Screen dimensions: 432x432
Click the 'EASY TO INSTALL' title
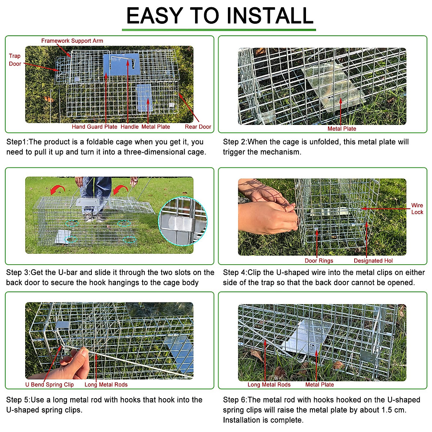click(220, 16)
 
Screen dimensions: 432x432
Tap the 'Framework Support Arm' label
click(72, 41)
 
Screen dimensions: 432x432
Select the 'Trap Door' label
click(15, 60)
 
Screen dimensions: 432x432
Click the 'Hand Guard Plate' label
click(94, 127)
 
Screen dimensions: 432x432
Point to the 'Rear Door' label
click(198, 127)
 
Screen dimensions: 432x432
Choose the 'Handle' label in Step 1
click(130, 127)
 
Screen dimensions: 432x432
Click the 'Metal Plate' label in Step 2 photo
click(342, 129)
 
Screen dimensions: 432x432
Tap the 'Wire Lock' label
click(417, 209)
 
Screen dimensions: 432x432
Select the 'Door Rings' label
click(319, 261)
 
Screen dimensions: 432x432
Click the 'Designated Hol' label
click(373, 261)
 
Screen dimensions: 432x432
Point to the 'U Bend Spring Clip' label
click(49, 384)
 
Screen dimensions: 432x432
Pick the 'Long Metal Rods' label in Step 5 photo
click(106, 384)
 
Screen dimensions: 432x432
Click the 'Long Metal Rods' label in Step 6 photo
click(269, 384)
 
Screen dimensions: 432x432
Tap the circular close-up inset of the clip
click(183, 221)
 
